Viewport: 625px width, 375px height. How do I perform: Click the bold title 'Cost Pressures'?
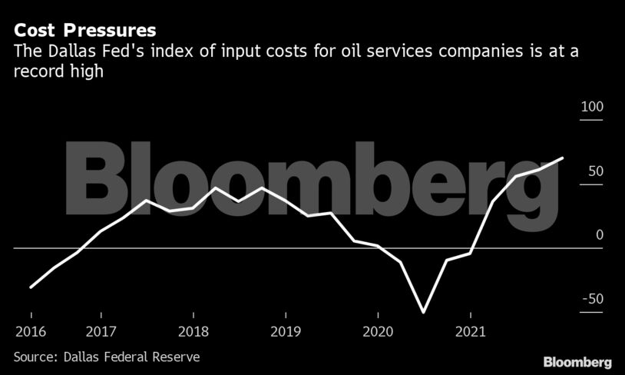[85, 31]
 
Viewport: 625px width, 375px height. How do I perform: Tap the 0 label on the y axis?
[600, 235]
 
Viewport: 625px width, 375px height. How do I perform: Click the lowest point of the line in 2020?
[423, 313]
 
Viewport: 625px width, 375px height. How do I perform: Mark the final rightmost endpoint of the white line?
[563, 158]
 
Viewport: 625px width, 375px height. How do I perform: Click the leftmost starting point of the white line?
[31, 287]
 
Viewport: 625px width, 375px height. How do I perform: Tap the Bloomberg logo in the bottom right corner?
[577, 361]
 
